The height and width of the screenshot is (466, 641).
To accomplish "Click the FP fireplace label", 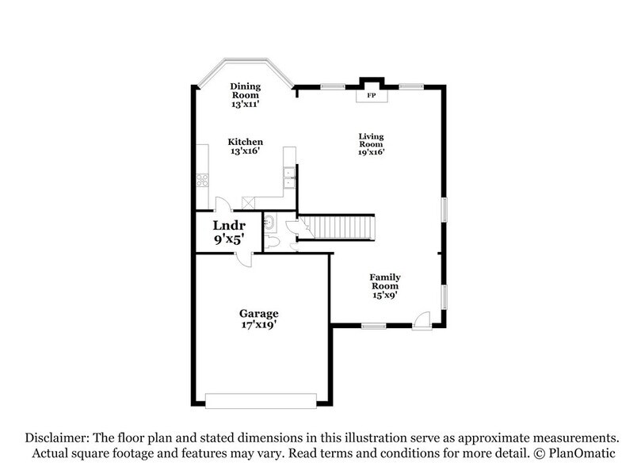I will coord(371,96).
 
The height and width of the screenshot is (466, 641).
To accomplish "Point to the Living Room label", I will coord(371,140).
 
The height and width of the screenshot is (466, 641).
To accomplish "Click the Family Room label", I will coord(385,281).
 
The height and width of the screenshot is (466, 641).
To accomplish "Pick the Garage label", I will coord(259,314).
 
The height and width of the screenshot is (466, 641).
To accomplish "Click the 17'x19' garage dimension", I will coord(259,325).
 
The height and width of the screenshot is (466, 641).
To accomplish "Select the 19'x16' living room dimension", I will coord(371,153).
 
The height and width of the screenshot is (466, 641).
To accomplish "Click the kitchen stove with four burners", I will coord(202,180).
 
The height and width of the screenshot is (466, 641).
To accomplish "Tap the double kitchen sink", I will coord(290,178).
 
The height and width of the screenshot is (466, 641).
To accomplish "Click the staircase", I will coord(339,227).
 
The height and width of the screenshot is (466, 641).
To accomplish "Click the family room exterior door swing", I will coord(422,319).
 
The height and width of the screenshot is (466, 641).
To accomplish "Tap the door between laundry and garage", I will coord(243,259).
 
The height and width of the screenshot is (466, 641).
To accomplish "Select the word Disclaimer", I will coord(57,437).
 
